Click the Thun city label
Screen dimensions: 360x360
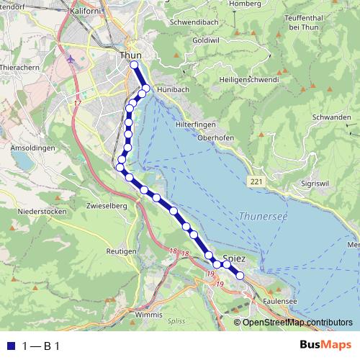pos(131,54)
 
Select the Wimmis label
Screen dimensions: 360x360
pos(149,315)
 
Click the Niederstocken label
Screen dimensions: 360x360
pos(42,212)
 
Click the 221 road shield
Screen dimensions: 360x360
pos(256,181)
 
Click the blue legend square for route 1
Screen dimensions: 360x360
pos(10,346)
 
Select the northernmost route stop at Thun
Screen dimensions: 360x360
pos(134,65)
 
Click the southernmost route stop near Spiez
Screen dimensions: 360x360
pos(240,276)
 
